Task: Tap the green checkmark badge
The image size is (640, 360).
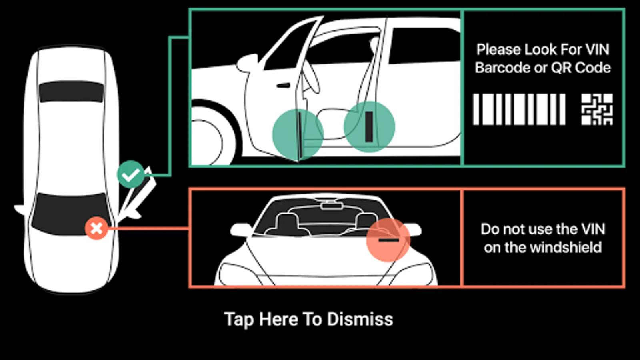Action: (130, 174)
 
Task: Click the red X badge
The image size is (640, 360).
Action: (96, 228)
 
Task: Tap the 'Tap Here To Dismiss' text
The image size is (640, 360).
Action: (308, 319)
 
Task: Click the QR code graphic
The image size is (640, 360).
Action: (597, 110)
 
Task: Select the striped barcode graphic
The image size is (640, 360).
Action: (519, 110)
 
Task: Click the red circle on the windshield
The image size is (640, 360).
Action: (388, 240)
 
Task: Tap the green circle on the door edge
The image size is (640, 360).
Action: (298, 134)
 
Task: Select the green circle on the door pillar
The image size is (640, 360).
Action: (370, 127)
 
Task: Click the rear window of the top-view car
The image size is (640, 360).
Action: (72, 92)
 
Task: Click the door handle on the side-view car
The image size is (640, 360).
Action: (283, 86)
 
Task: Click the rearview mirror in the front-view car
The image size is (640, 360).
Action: (332, 206)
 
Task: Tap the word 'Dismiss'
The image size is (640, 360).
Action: (360, 319)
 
